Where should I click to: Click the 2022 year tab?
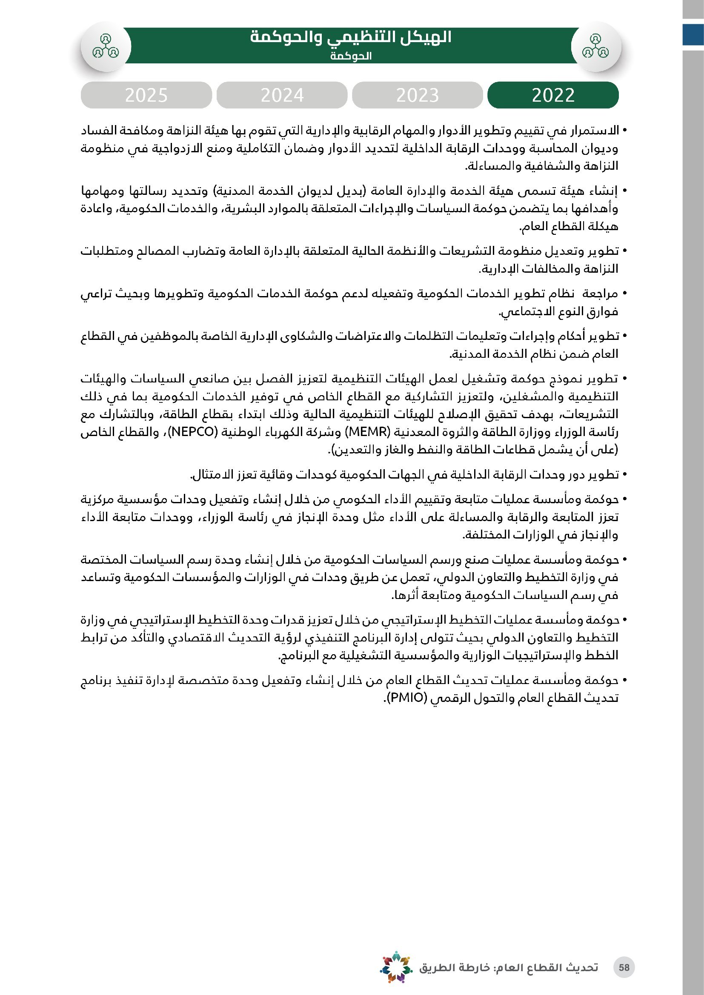[x=553, y=95]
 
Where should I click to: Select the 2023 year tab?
[x=417, y=95]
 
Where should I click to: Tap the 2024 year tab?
[x=282, y=95]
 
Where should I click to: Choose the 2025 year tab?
[x=146, y=95]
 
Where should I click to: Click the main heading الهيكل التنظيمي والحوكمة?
[x=351, y=38]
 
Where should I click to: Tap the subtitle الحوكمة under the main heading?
[x=351, y=56]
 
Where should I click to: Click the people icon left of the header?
[x=105, y=46]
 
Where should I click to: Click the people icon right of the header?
[x=595, y=46]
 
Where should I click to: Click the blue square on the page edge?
[x=693, y=34]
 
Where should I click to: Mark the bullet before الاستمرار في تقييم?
[x=624, y=131]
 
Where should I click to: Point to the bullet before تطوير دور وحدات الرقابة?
[x=624, y=475]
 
